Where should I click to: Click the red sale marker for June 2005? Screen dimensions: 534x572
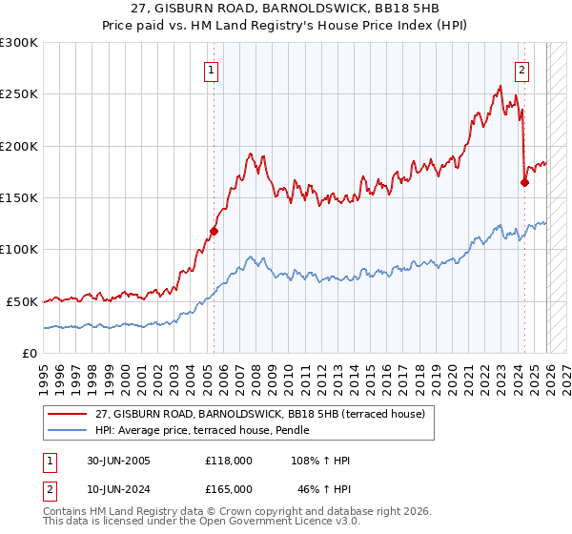click(x=214, y=230)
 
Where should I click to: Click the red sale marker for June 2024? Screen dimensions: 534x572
click(x=525, y=182)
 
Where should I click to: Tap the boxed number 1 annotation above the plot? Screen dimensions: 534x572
click(x=210, y=69)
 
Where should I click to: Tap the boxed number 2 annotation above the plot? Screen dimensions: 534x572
click(x=522, y=69)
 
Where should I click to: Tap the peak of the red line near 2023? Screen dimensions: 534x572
click(x=500, y=87)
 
